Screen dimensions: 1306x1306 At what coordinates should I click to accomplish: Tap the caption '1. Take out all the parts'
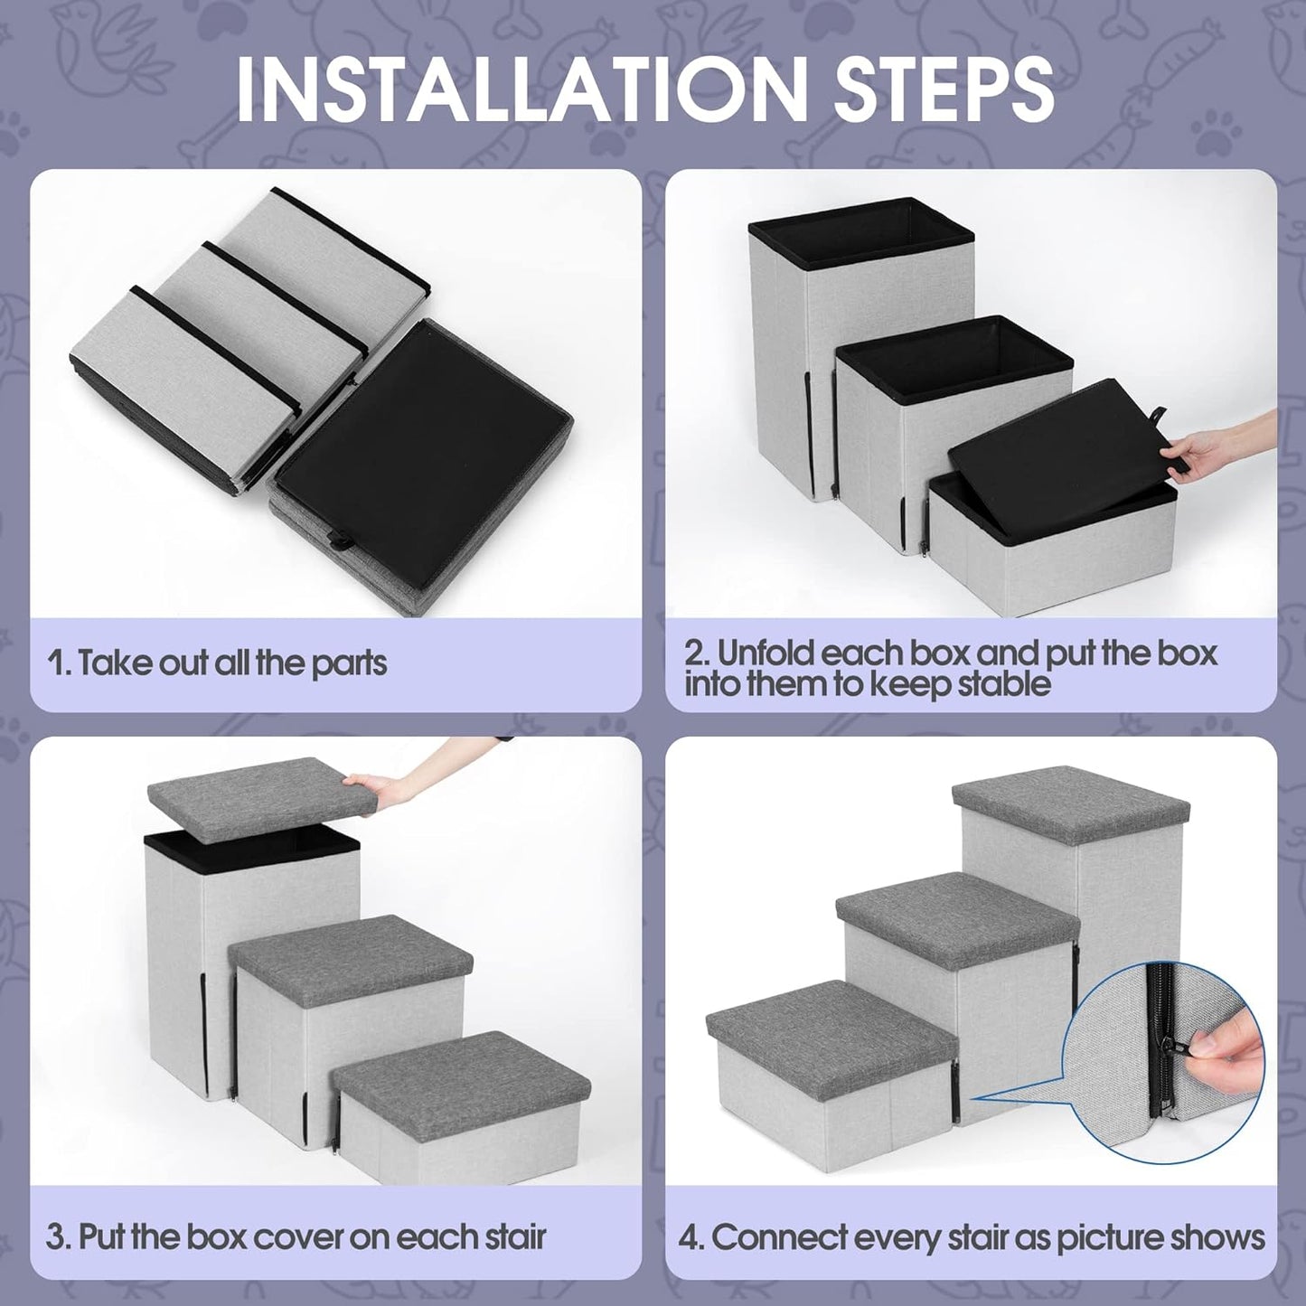tap(217, 662)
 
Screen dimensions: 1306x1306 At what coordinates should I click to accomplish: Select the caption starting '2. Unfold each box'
tap(949, 667)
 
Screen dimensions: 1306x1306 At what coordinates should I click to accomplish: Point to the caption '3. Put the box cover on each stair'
tap(296, 1236)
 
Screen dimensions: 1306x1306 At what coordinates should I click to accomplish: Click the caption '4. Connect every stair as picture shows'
tap(972, 1236)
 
